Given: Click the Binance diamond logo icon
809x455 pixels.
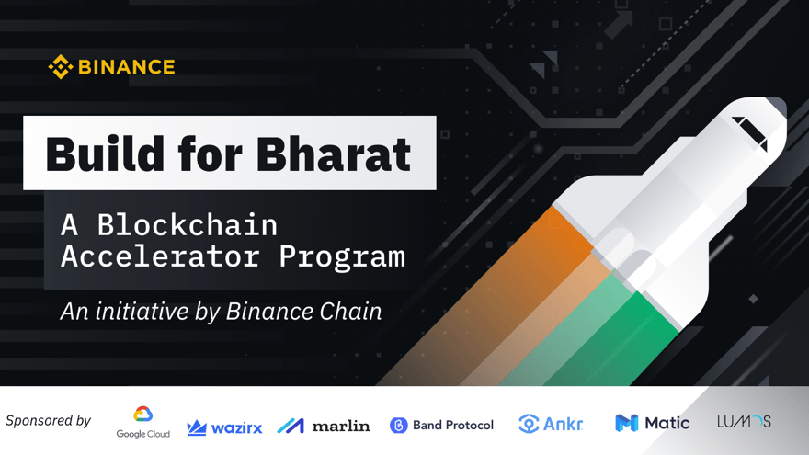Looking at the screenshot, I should (x=61, y=67).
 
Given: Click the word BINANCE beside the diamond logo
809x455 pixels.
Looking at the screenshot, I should (x=126, y=67).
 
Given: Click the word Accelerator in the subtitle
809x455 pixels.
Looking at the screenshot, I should (x=160, y=256).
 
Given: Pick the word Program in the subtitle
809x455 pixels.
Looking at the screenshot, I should (x=342, y=256).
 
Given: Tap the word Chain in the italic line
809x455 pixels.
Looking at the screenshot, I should (x=349, y=312).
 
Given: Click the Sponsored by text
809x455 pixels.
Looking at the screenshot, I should (x=48, y=421).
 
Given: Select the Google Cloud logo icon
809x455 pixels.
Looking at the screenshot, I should (x=142, y=415).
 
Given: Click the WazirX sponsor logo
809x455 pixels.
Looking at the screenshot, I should (x=224, y=427).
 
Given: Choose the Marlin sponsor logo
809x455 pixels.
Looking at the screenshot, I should (x=324, y=426).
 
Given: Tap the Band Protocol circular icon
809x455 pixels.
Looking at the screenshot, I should (x=399, y=425).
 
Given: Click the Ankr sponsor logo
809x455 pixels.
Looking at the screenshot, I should (x=551, y=424).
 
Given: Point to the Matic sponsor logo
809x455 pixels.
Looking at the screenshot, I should (x=652, y=423).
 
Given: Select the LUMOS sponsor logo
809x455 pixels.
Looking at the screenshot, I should (x=744, y=422).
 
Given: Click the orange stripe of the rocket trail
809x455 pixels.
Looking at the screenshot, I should (x=515, y=276).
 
